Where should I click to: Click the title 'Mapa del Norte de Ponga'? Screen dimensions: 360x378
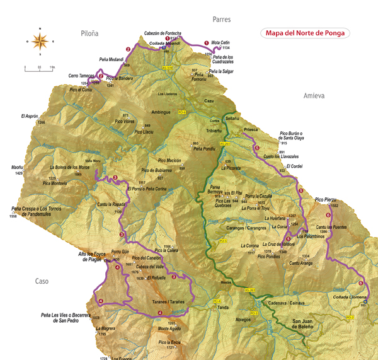point(306,33)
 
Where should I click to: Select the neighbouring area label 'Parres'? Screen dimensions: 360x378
point(222,20)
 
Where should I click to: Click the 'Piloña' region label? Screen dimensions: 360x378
point(91,33)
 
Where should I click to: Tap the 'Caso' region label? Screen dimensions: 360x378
point(42,281)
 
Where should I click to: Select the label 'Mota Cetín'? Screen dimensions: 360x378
point(219,43)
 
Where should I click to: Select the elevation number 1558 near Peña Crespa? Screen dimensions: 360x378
point(13,217)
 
